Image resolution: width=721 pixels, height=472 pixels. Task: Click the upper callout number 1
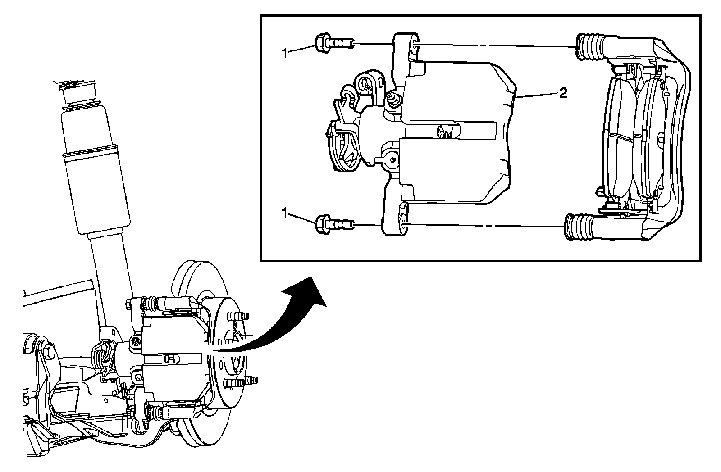284,53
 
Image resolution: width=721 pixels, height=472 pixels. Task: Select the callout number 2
563,93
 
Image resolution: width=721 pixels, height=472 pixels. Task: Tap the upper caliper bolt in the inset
334,44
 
